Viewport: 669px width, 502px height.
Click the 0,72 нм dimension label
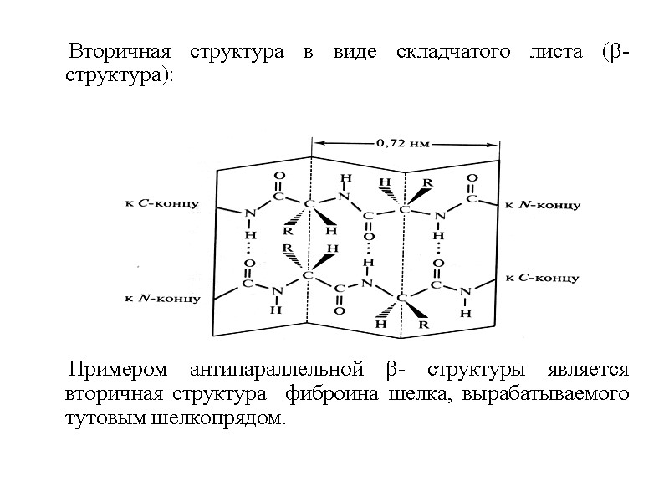(x=403, y=142)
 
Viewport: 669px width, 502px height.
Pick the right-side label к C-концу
(x=543, y=277)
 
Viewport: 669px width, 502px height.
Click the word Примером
(x=120, y=370)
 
